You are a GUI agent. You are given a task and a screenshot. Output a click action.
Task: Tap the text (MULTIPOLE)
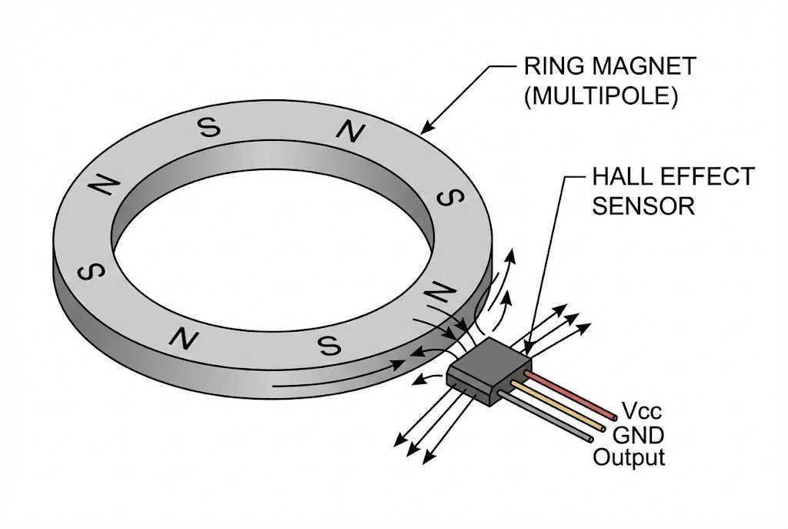coord(601,99)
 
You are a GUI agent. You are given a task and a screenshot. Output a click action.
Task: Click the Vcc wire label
coord(642,410)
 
